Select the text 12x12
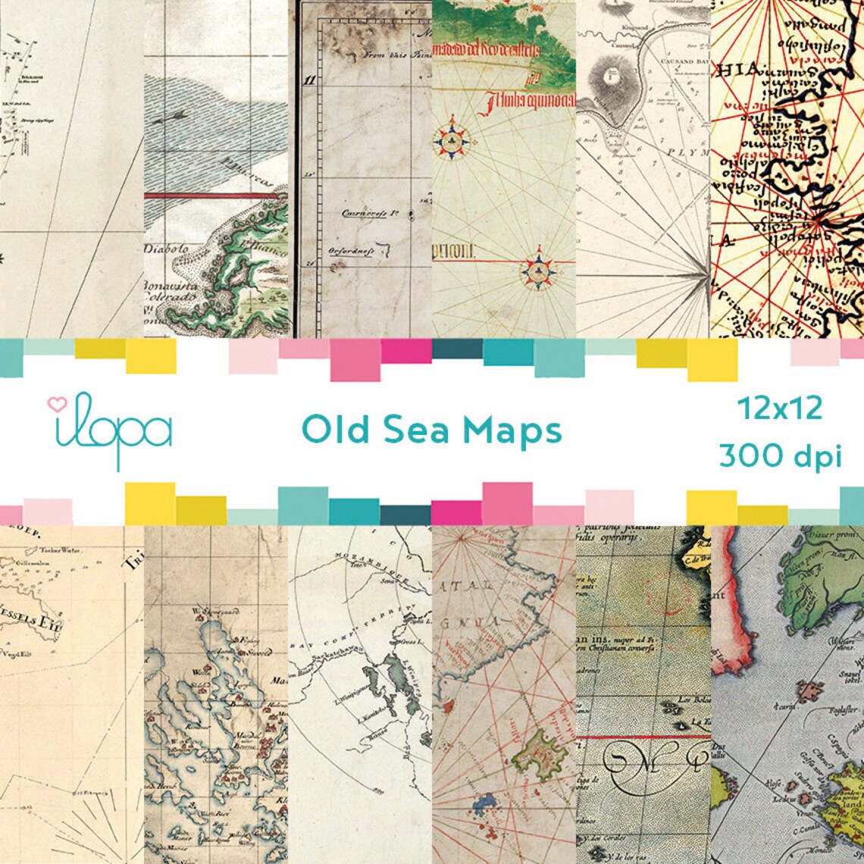[781, 409]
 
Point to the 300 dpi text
[781, 456]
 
